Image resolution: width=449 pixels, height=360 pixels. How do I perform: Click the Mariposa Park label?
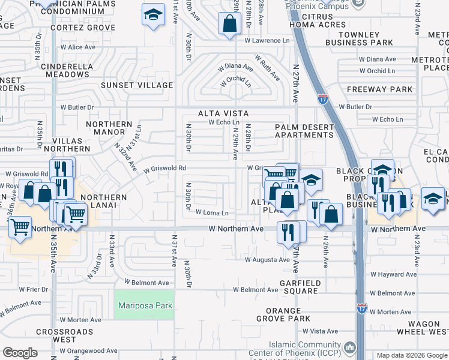pos(145,306)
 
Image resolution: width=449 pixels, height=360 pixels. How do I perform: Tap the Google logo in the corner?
pos(20,353)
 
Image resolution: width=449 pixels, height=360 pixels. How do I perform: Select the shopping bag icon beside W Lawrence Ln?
pos(229,25)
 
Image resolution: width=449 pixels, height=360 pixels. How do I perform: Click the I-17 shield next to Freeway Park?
pos(323,98)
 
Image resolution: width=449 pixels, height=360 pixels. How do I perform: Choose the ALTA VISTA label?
pos(224,113)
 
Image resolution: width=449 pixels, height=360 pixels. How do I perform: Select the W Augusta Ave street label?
pos(267,260)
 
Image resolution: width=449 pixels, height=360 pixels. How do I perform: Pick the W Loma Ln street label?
pos(212,213)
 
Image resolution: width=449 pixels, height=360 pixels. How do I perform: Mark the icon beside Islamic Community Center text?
pos(351,347)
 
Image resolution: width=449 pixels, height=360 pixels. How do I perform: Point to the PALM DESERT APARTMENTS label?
pos(304,131)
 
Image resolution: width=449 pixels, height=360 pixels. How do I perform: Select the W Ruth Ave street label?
pos(267,68)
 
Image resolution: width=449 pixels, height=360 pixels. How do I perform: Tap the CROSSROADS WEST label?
pos(64,336)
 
